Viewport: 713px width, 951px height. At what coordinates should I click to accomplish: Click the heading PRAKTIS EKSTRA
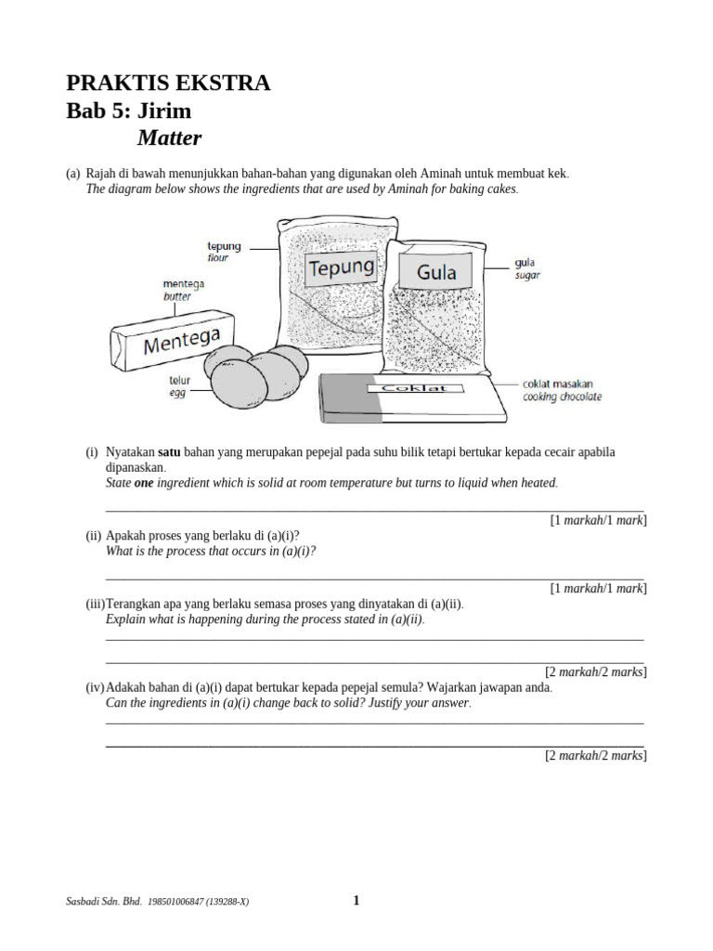pyautogui.click(x=168, y=83)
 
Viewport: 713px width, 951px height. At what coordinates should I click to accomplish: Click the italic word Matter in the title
pyautogui.click(x=169, y=138)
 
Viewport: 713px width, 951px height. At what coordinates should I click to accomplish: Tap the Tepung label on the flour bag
pyautogui.click(x=341, y=269)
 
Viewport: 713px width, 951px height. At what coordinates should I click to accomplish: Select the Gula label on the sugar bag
pyautogui.click(x=435, y=272)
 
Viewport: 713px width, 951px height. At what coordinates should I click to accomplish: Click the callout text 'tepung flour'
pyautogui.click(x=223, y=252)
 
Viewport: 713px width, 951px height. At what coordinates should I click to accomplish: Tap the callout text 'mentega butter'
pyautogui.click(x=182, y=290)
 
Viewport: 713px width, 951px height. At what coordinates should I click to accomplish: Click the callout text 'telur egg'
pyautogui.click(x=178, y=386)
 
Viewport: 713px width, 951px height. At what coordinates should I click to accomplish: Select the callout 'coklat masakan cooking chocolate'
pyautogui.click(x=562, y=390)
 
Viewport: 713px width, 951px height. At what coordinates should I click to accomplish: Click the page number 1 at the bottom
pyautogui.click(x=356, y=899)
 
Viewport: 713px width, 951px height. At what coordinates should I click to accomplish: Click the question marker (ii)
pyautogui.click(x=94, y=536)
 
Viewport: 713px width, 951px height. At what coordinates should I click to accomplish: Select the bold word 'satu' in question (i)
pyautogui.click(x=170, y=451)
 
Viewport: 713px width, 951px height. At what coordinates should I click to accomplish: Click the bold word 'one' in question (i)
pyautogui.click(x=145, y=483)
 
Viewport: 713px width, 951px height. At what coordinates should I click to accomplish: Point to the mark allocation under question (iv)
pyautogui.click(x=595, y=756)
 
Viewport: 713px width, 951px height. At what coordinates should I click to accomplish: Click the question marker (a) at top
pyautogui.click(x=72, y=174)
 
